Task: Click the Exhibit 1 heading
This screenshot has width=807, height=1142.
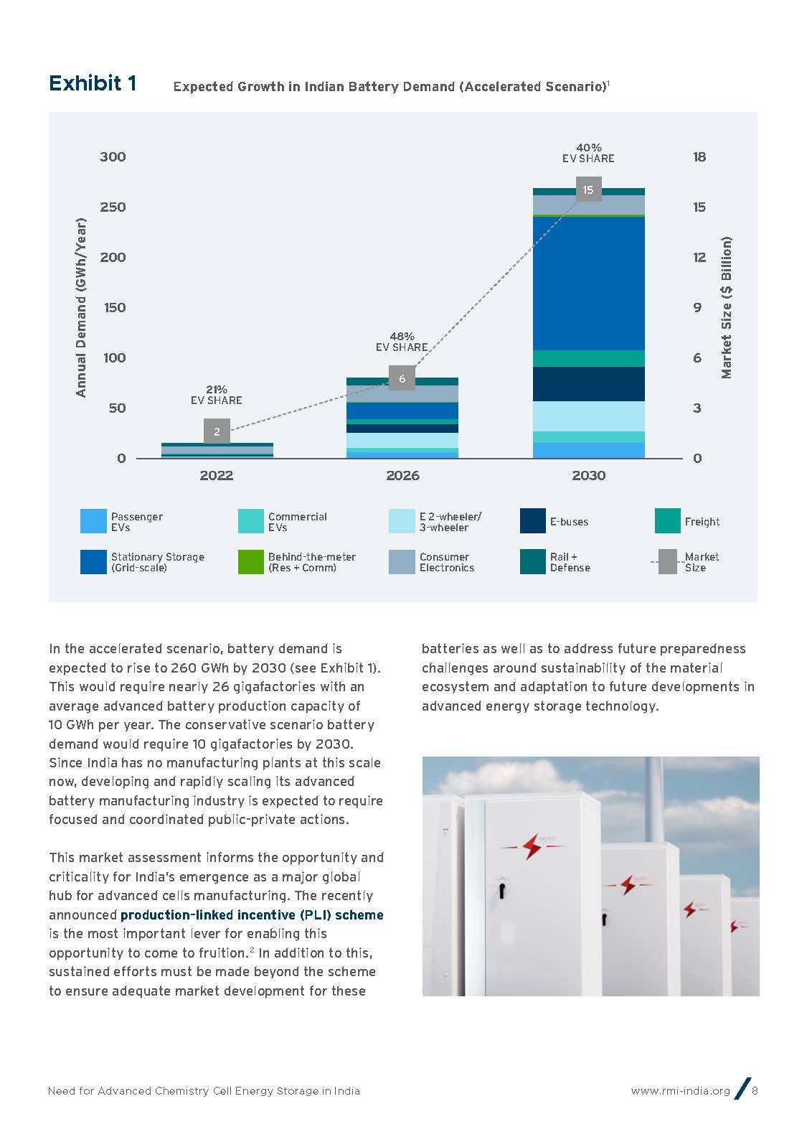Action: click(x=93, y=84)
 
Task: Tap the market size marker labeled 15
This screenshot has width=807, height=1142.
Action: click(x=588, y=189)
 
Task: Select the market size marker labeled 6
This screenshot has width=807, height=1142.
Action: click(x=402, y=378)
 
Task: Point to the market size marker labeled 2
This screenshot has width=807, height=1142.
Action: click(x=217, y=431)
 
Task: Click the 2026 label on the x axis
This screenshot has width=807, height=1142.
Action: click(x=402, y=475)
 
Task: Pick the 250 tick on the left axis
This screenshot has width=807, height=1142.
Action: click(x=113, y=207)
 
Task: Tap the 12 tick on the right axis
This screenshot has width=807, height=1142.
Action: click(x=699, y=257)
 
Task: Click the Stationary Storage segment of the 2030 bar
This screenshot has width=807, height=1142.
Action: click(x=588, y=283)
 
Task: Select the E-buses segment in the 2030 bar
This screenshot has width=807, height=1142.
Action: click(x=588, y=383)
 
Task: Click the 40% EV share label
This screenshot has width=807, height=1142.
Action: click(x=588, y=153)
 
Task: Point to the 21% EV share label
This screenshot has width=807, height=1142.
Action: click(x=217, y=395)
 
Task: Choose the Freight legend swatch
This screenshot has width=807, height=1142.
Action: click(x=667, y=521)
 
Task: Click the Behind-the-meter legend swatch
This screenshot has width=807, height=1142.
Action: click(x=250, y=562)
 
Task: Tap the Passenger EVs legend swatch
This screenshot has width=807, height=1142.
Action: click(x=93, y=521)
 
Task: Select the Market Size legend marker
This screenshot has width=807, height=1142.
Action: click(x=668, y=562)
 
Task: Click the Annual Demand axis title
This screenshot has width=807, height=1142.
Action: click(x=81, y=307)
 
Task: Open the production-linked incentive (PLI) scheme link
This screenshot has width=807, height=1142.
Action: click(x=252, y=914)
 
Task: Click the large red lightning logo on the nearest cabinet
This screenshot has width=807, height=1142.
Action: click(x=532, y=846)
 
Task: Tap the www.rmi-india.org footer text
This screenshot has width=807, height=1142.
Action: click(x=680, y=1091)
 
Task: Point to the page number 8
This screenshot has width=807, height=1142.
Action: click(x=755, y=1091)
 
